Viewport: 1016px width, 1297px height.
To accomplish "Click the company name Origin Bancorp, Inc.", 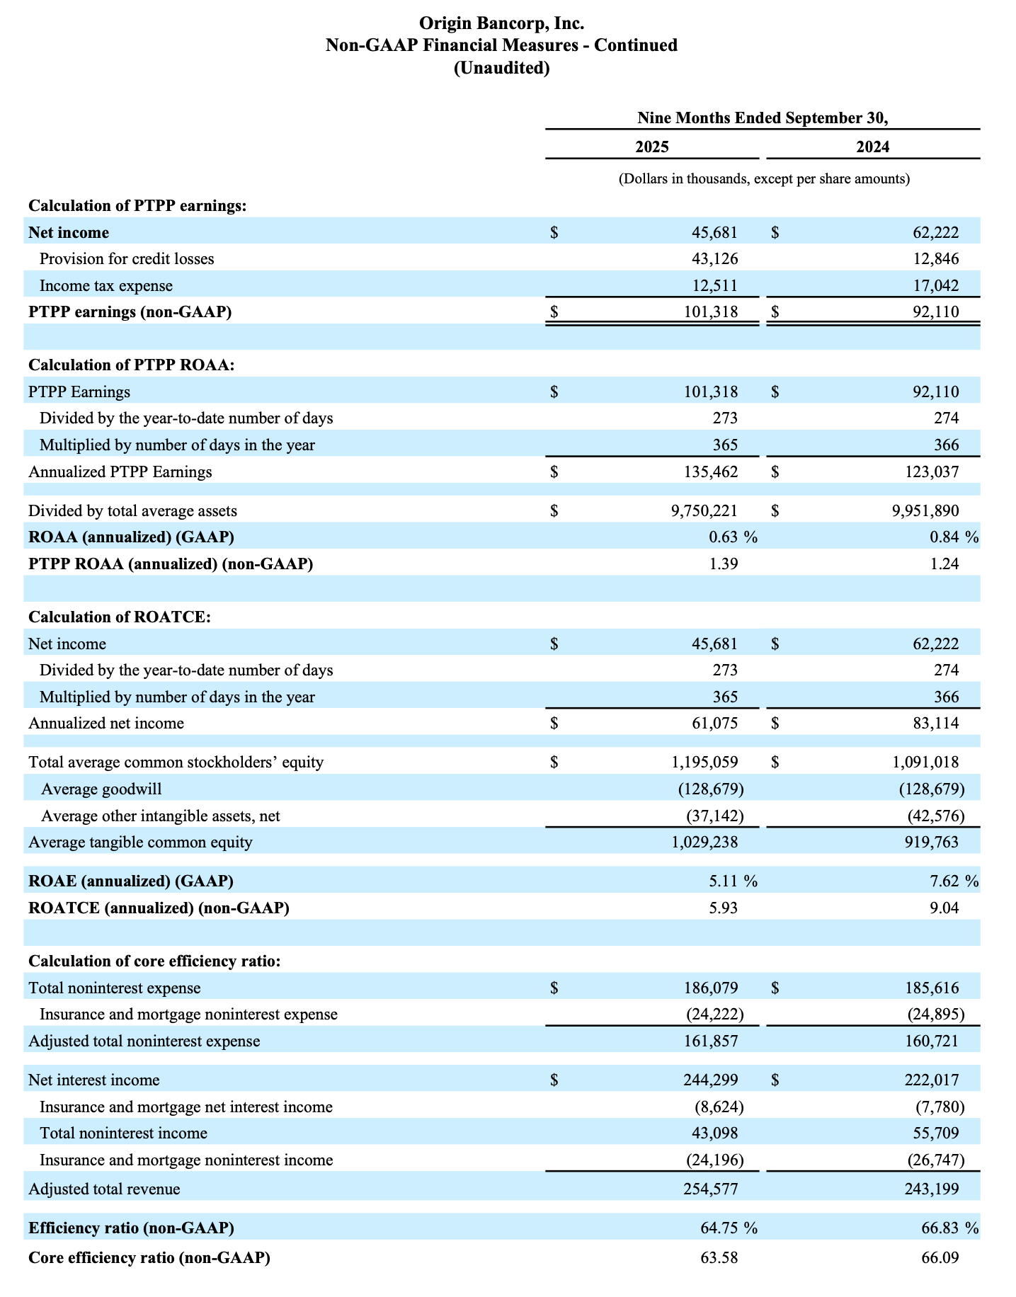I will (x=501, y=23).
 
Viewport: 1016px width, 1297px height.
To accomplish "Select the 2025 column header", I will (x=651, y=147).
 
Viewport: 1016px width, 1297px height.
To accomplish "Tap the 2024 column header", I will (x=872, y=147).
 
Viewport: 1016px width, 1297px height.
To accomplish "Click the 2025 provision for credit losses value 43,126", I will (x=714, y=258).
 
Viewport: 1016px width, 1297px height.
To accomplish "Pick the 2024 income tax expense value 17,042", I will (x=936, y=285).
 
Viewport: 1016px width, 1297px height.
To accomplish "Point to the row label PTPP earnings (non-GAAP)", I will (x=130, y=312).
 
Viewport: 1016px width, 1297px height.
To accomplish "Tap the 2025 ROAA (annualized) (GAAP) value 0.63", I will (x=723, y=537).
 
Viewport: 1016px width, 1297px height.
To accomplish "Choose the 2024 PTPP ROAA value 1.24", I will (x=944, y=564).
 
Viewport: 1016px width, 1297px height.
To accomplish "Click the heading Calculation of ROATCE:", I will (x=120, y=617).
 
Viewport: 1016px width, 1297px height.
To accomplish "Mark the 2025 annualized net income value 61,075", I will (x=714, y=723).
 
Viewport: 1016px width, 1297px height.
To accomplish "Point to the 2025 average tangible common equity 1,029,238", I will (x=704, y=842).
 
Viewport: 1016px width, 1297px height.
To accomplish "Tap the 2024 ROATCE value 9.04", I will (x=944, y=908).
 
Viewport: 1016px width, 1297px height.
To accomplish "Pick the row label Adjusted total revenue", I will (x=104, y=1189).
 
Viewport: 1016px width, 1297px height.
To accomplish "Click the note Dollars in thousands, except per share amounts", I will (x=763, y=178).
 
